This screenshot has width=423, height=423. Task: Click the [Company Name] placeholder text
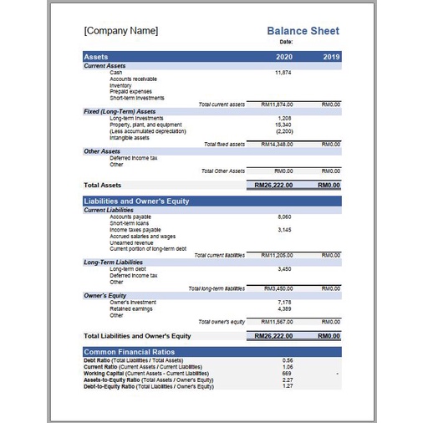coord(120,31)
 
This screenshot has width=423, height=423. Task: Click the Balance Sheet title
coord(303,31)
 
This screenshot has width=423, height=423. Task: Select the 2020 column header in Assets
coord(283,57)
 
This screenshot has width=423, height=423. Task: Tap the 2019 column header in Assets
coord(331,57)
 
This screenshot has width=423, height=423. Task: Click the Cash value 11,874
coord(283,73)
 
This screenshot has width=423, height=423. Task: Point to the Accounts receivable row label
coord(132,79)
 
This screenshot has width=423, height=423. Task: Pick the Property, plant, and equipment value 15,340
coord(283,125)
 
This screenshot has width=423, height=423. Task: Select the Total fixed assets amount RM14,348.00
coord(276,145)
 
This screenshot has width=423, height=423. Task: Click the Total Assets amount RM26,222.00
coord(274,185)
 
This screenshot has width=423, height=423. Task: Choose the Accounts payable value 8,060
coord(283,217)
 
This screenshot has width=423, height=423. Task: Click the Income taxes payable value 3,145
coord(283,229)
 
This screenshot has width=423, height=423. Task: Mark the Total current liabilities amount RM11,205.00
coord(276,254)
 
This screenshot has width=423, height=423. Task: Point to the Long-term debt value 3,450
coord(283,269)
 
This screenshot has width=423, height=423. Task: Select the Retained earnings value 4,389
coord(283,308)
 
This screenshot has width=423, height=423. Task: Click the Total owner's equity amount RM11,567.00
coord(276,322)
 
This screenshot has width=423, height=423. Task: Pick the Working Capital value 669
coord(287,373)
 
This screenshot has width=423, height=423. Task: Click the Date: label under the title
coord(286,42)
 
